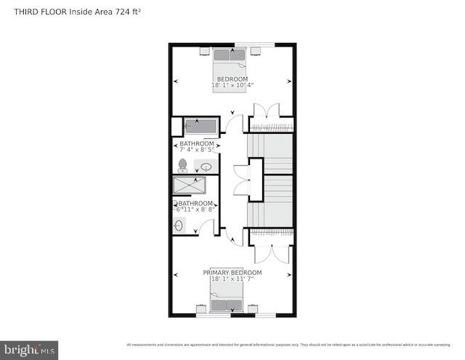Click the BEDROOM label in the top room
[232, 79]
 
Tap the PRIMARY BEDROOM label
[232, 273]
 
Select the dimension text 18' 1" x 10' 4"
[232, 85]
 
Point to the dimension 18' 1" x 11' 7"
[232, 279]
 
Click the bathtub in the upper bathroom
[201, 126]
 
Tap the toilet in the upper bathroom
[182, 165]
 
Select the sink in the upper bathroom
[206, 167]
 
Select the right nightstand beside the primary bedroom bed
[253, 309]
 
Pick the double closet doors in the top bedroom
[264, 109]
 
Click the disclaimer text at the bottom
[291, 345]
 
